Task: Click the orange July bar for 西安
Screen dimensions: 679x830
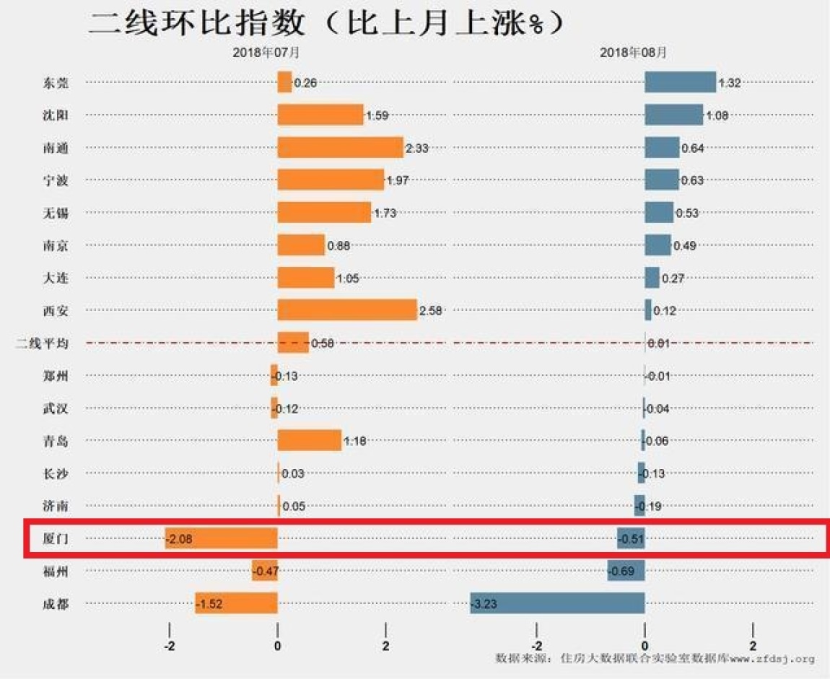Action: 347,310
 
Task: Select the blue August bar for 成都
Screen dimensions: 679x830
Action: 557,603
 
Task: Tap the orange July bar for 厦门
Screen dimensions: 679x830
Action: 222,538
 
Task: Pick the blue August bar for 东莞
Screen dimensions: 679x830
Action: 680,82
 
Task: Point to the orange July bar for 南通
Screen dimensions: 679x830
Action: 340,147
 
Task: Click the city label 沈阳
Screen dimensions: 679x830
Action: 56,115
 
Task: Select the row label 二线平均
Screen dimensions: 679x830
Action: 43,343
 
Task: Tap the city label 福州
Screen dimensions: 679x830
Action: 56,571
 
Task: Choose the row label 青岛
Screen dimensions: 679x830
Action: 56,442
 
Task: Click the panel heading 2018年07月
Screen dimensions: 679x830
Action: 266,53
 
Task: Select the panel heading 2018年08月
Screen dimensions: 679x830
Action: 633,53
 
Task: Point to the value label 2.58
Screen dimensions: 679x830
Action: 431,311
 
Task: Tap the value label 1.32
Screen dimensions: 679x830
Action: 730,83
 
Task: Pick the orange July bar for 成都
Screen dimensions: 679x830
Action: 236,603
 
